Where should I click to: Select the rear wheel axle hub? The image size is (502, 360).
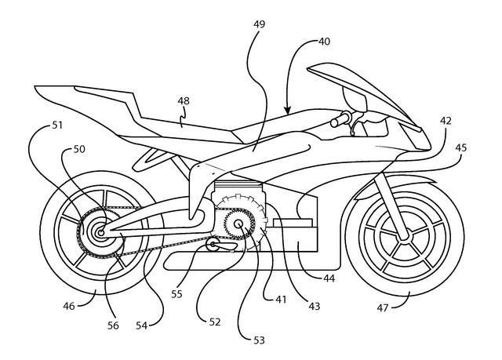point(100,231)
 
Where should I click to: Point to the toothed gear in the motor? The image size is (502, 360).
point(236,224)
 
